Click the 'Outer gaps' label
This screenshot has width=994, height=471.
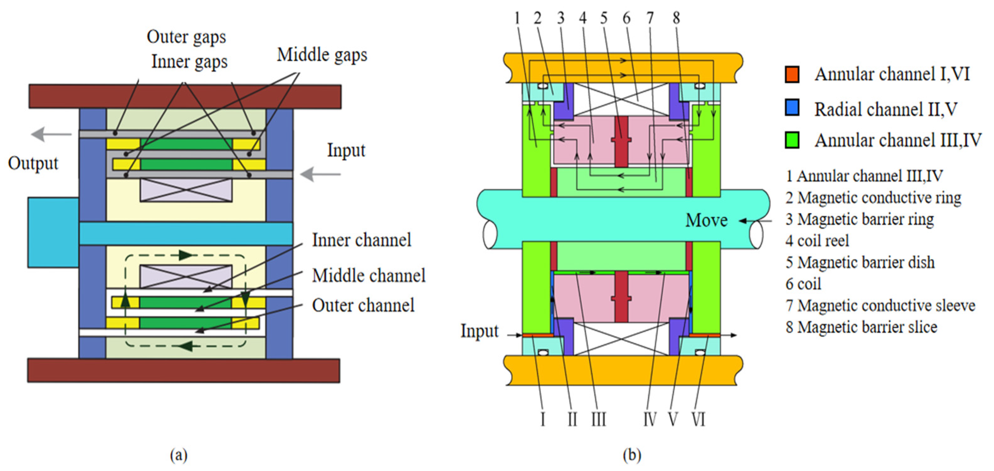pyautogui.click(x=186, y=38)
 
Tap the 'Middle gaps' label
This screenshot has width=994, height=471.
pyautogui.click(x=322, y=55)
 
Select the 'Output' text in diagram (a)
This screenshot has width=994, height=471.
pyautogui.click(x=33, y=163)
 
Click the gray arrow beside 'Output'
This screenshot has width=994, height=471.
pyautogui.click(x=51, y=134)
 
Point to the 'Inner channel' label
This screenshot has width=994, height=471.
pyautogui.click(x=361, y=240)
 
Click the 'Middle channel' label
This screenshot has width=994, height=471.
pyautogui.click(x=368, y=276)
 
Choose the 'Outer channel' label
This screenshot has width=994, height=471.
pyautogui.click(x=363, y=305)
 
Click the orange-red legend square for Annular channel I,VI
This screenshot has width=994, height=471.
pyautogui.click(x=792, y=74)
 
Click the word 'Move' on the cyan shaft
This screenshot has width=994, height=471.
pyautogui.click(x=707, y=221)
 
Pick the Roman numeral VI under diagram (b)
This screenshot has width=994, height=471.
pyautogui.click(x=698, y=419)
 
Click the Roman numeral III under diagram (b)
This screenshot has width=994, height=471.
pyautogui.click(x=599, y=419)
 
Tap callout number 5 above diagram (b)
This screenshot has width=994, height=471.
pyautogui.click(x=604, y=18)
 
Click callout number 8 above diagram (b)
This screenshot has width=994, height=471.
pyautogui.click(x=676, y=18)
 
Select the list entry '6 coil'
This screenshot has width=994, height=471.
pyautogui.click(x=803, y=284)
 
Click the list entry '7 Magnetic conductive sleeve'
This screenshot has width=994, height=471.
pyautogui.click(x=880, y=306)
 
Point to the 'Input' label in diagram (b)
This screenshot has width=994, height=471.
pyautogui.click(x=479, y=331)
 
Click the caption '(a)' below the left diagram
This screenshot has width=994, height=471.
pyautogui.click(x=179, y=455)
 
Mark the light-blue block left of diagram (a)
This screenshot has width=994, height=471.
pyautogui.click(x=53, y=232)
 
